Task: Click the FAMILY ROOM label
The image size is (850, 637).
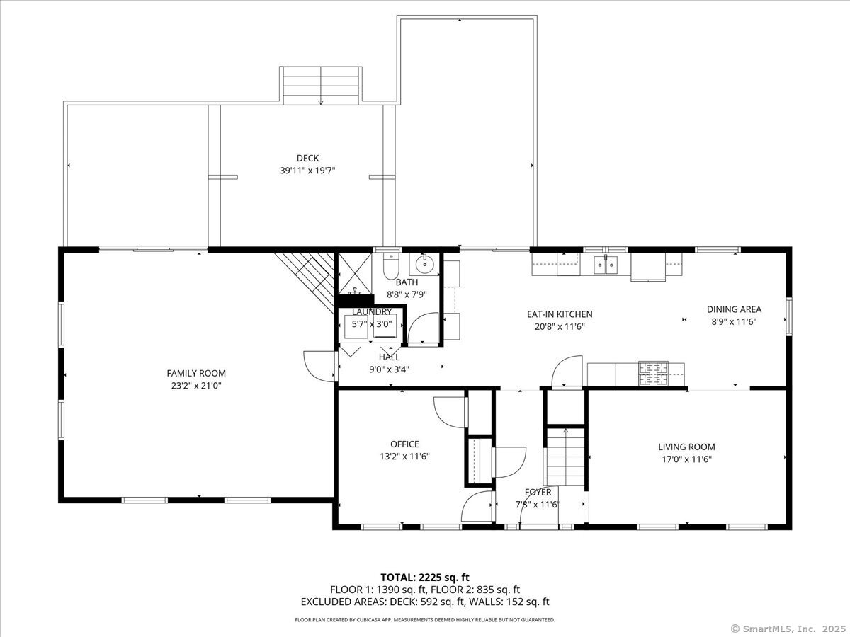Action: tap(196, 373)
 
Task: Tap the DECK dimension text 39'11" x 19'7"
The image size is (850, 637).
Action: tap(307, 171)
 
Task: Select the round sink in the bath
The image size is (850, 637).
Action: tap(425, 264)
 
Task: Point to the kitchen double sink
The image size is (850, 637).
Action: tap(606, 265)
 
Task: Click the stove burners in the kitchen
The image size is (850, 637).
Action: tap(653, 373)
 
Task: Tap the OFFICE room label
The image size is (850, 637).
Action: tap(404, 444)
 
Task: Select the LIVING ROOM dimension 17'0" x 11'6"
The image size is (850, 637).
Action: tap(686, 459)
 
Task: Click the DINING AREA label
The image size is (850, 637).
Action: tap(734, 309)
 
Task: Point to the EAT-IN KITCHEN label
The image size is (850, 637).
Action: tap(560, 314)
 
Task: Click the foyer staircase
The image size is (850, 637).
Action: tap(565, 457)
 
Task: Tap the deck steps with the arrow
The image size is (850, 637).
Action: tap(321, 86)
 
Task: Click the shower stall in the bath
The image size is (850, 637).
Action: tap(355, 274)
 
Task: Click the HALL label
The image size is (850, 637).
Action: tap(389, 357)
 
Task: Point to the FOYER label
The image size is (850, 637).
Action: tap(538, 493)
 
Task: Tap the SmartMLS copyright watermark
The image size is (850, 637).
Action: tap(789, 628)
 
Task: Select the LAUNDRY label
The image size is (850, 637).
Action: tap(372, 311)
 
